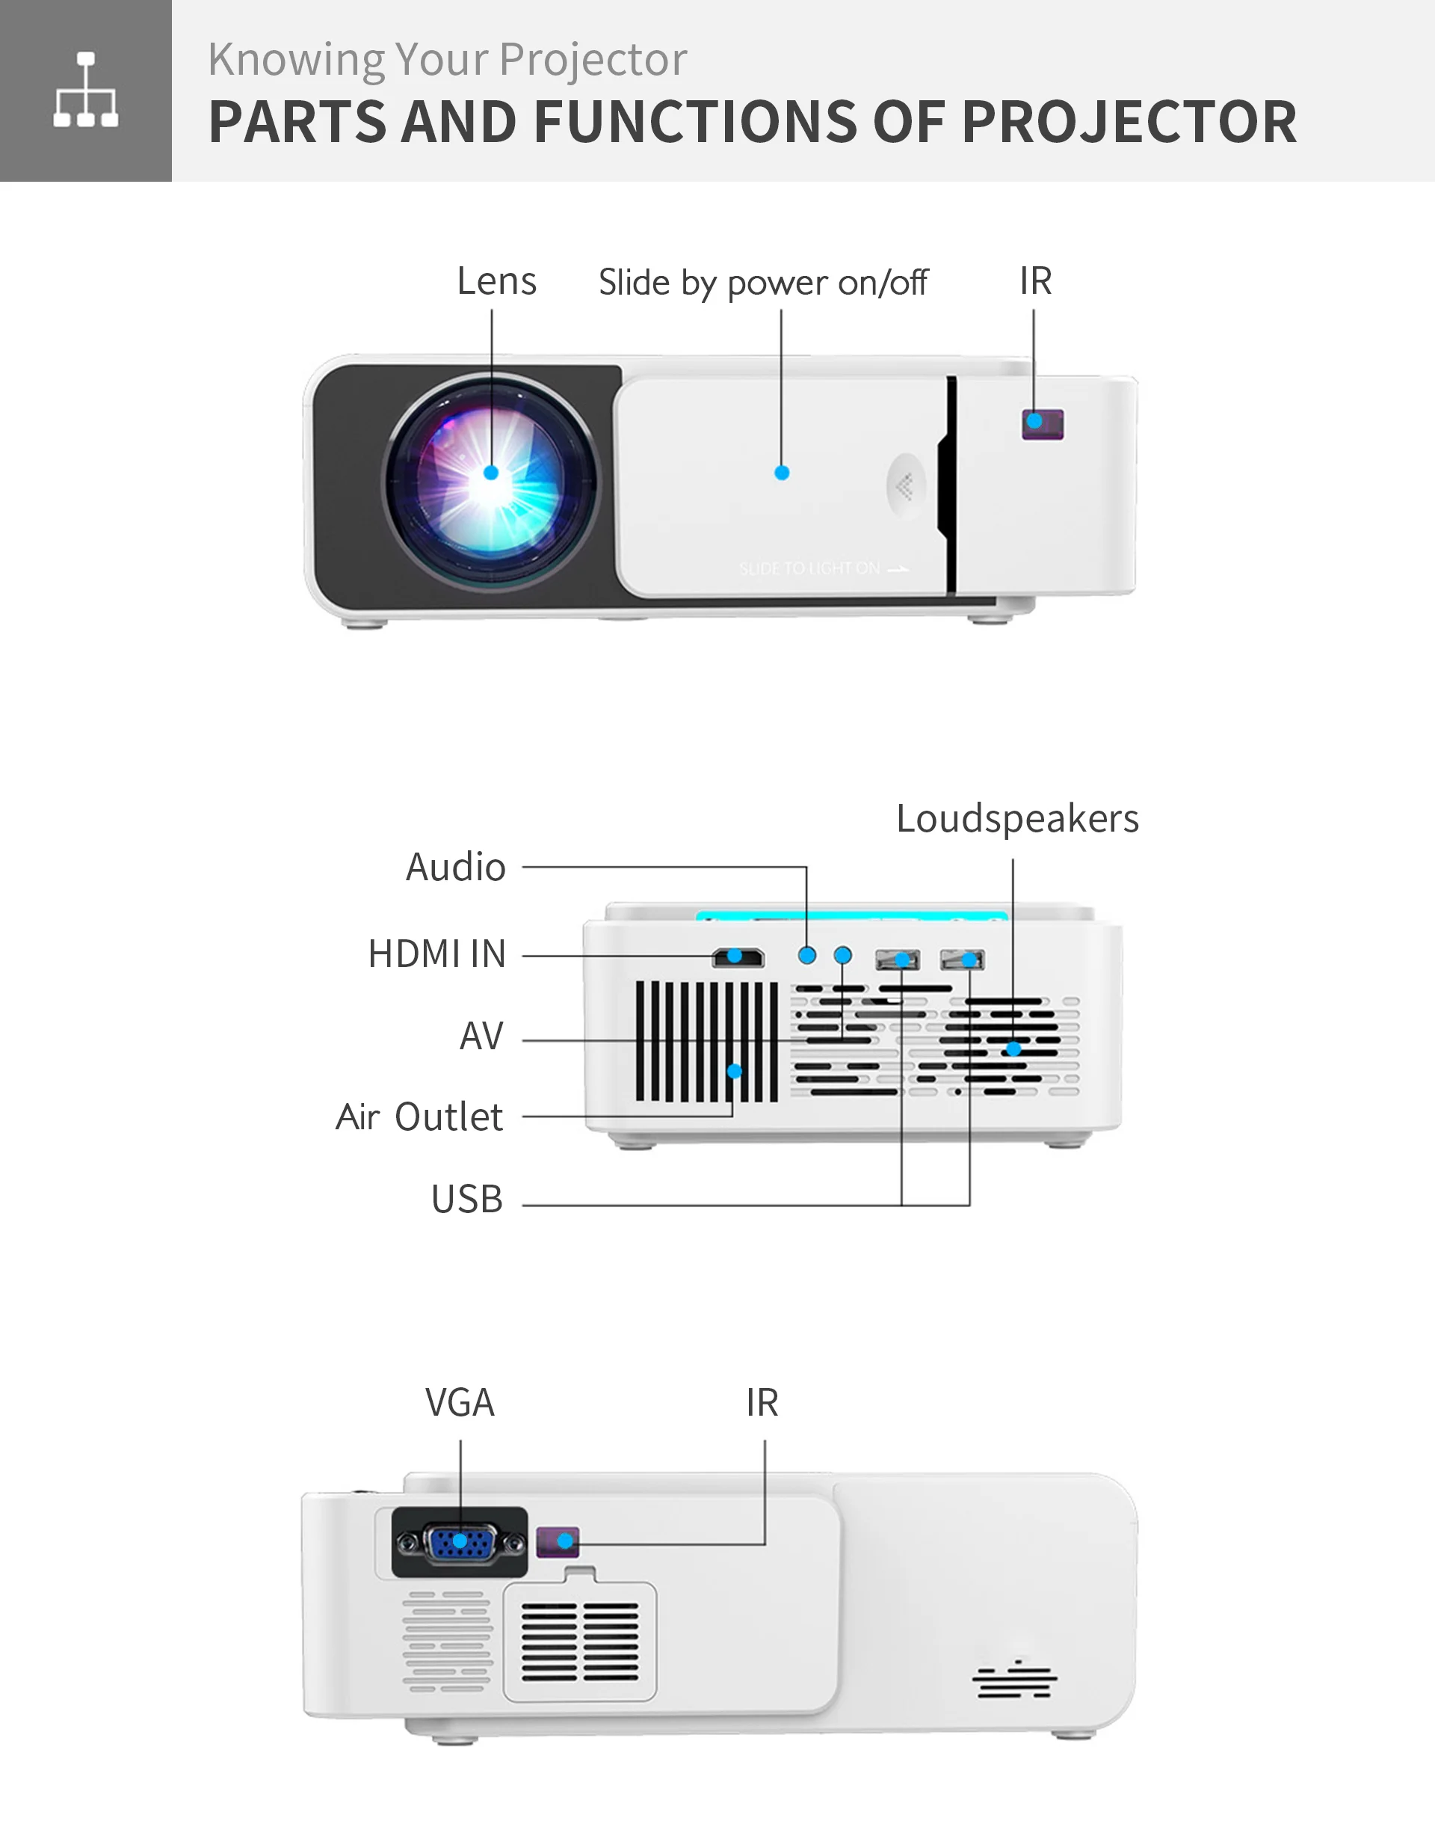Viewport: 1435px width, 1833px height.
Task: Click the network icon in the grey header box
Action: tap(86, 90)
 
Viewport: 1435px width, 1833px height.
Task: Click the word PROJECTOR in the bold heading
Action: tap(1129, 123)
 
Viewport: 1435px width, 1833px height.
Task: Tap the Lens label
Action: tap(496, 280)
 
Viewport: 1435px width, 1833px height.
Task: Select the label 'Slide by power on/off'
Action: tap(762, 283)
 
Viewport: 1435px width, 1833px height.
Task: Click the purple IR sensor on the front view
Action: tap(1043, 423)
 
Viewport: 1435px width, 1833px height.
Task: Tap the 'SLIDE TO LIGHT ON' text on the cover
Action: tap(823, 569)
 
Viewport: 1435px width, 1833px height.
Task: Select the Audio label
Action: tap(455, 868)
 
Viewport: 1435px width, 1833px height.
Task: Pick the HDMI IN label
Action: tap(437, 955)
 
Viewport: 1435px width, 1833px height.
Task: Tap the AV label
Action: tap(481, 1037)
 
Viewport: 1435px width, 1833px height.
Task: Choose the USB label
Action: tap(466, 1200)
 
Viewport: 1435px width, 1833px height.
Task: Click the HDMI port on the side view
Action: tap(738, 957)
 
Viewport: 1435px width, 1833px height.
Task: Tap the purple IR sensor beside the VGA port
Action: tap(558, 1541)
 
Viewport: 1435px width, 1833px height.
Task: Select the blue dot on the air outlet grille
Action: tap(734, 1071)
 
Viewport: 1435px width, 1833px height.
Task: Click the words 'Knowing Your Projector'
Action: tap(447, 60)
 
